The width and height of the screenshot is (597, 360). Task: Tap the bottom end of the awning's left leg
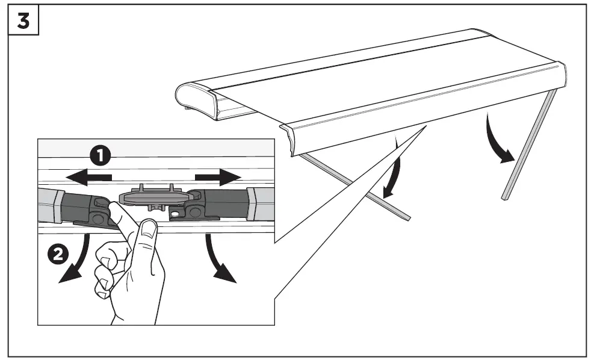406,216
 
